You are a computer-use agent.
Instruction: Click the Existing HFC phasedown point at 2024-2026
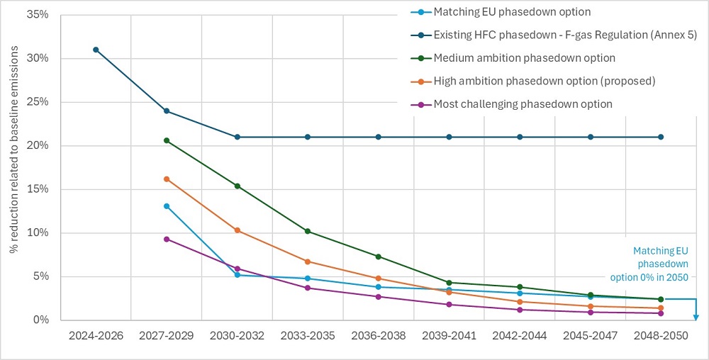point(96,50)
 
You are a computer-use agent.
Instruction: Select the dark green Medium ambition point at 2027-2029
point(167,140)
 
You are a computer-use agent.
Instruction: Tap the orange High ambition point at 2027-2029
point(167,179)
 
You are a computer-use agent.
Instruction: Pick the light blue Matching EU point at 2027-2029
point(167,206)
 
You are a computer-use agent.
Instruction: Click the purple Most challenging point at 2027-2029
point(167,239)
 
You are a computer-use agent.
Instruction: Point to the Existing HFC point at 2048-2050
point(661,137)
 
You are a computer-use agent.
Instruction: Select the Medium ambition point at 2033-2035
point(308,231)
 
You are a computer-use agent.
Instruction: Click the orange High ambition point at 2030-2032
point(238,230)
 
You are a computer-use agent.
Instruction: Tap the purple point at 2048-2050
point(661,313)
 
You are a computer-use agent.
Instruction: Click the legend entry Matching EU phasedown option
point(511,11)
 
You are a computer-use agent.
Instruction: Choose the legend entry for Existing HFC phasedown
point(555,34)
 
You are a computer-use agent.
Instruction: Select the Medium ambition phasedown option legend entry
point(524,57)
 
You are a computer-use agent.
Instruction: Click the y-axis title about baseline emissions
point(13,167)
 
